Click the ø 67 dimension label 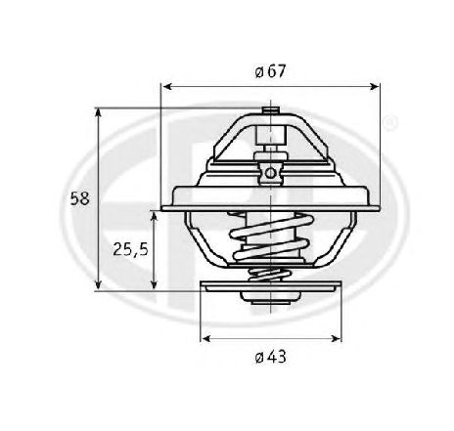(270, 71)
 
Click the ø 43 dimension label (270, 357)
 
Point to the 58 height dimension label (79, 198)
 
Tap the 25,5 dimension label (130, 250)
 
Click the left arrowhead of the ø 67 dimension (166, 87)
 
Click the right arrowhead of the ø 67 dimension (374, 86)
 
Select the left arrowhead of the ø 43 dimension (205, 338)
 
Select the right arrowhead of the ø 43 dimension (336, 338)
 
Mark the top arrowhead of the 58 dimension (98, 113)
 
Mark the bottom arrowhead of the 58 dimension (98, 285)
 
